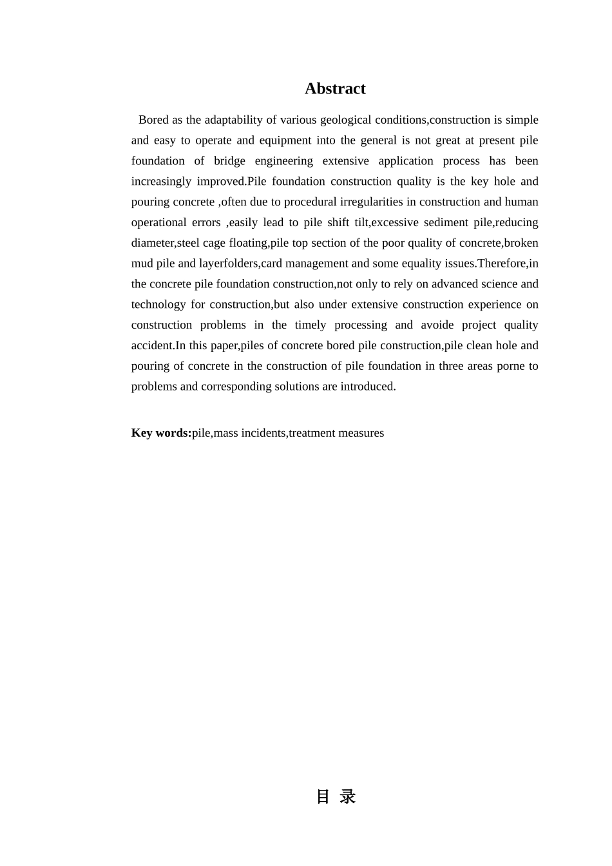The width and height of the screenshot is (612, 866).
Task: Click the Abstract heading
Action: click(335, 89)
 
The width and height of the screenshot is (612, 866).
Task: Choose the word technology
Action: click(158, 305)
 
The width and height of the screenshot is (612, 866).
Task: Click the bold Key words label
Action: click(161, 433)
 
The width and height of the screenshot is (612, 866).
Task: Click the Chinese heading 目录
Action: click(336, 797)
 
